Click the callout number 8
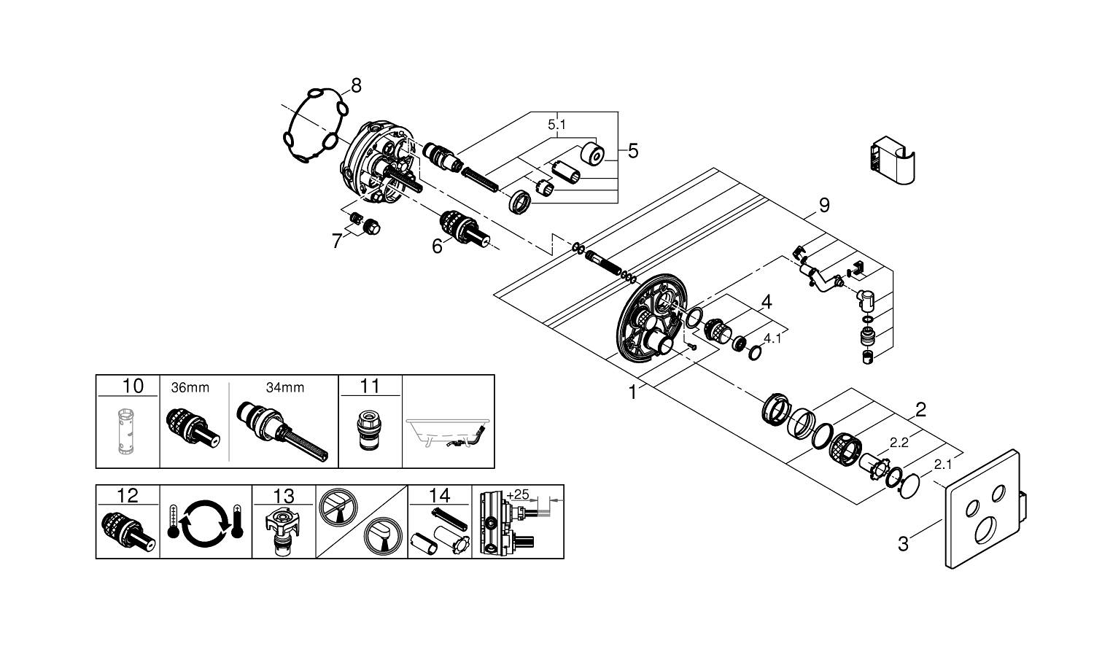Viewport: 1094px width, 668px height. click(x=355, y=86)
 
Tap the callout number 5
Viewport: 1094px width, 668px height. click(x=632, y=151)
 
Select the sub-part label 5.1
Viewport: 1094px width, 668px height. click(x=556, y=125)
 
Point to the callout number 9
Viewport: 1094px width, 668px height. click(x=823, y=206)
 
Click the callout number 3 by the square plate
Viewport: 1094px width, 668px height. click(x=903, y=543)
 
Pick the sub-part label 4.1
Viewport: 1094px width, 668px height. click(x=772, y=338)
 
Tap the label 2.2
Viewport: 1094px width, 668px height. click(x=899, y=442)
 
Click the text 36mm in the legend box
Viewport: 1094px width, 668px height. click(x=190, y=388)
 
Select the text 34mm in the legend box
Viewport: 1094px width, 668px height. click(x=284, y=388)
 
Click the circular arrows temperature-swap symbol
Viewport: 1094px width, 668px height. click(x=204, y=523)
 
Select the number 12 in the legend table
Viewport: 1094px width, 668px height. click(x=127, y=496)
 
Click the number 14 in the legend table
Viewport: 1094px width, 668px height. click(x=440, y=496)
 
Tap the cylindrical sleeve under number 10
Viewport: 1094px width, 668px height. click(x=127, y=432)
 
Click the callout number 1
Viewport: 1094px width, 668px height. click(x=632, y=392)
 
